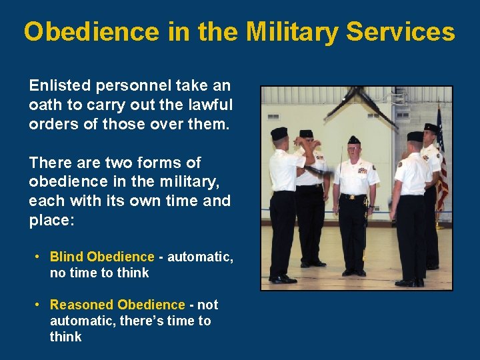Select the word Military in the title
291,31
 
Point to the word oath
45,105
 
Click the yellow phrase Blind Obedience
102,257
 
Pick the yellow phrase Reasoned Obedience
117,305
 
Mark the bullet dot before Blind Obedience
39,257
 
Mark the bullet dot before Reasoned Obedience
39,305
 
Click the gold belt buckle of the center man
354,197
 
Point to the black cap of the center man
354,140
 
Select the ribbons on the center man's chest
363,170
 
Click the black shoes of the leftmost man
284,277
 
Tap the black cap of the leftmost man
279,133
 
